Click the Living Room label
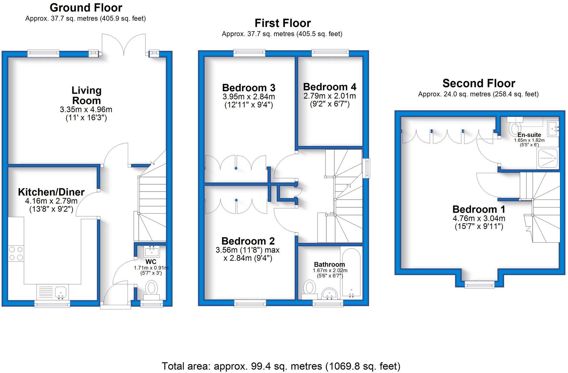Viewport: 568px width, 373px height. coord(86,95)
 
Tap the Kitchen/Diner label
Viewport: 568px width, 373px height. coord(51,192)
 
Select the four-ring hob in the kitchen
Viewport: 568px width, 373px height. coord(16,254)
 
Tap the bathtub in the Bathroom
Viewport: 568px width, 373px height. coord(351,271)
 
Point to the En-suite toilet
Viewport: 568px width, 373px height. coord(514,128)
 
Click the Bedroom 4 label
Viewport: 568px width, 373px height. coord(330,87)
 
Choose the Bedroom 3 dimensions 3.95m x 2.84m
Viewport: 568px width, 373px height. coord(249,97)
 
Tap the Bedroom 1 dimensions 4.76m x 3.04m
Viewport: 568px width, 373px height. coord(479,218)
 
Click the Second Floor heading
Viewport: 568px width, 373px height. coord(479,83)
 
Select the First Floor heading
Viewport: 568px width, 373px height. coord(282,23)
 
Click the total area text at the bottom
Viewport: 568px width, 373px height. coord(281,366)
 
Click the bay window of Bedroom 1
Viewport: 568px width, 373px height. coord(480,285)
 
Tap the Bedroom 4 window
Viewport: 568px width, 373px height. coord(330,53)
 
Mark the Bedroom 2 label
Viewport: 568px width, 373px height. coord(248,241)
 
